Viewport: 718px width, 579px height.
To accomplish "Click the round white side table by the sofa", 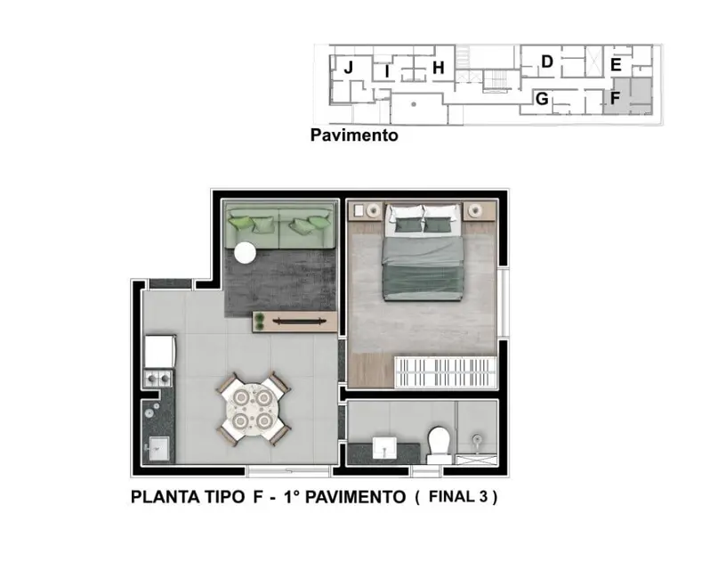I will [x=244, y=254].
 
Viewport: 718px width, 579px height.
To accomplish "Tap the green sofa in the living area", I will [x=280, y=227].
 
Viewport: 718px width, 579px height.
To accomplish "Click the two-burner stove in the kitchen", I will [x=158, y=379].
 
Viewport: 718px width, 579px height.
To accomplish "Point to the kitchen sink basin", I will [x=158, y=445].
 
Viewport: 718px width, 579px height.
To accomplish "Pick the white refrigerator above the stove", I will [x=160, y=352].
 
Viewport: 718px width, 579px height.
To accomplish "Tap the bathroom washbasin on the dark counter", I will [x=385, y=445].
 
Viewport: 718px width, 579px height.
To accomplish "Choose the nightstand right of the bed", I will [x=479, y=211].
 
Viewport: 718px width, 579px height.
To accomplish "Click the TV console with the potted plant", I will [x=294, y=322].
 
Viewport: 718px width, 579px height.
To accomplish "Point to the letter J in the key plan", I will [x=349, y=68].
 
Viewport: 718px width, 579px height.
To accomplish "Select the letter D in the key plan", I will [x=547, y=61].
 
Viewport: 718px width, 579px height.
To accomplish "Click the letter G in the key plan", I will [x=541, y=99].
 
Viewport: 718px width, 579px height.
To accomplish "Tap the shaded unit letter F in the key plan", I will [x=615, y=98].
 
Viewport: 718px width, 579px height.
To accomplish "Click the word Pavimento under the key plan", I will [x=353, y=136].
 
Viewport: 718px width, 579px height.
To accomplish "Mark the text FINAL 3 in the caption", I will [x=456, y=497].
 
